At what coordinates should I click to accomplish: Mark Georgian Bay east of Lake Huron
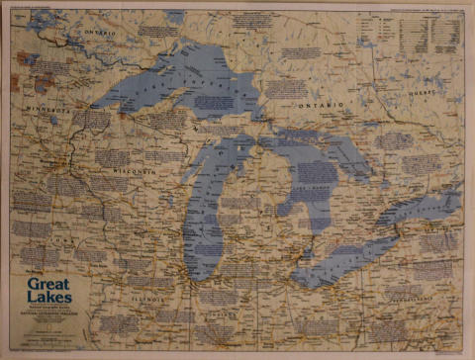(x=341, y=158)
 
